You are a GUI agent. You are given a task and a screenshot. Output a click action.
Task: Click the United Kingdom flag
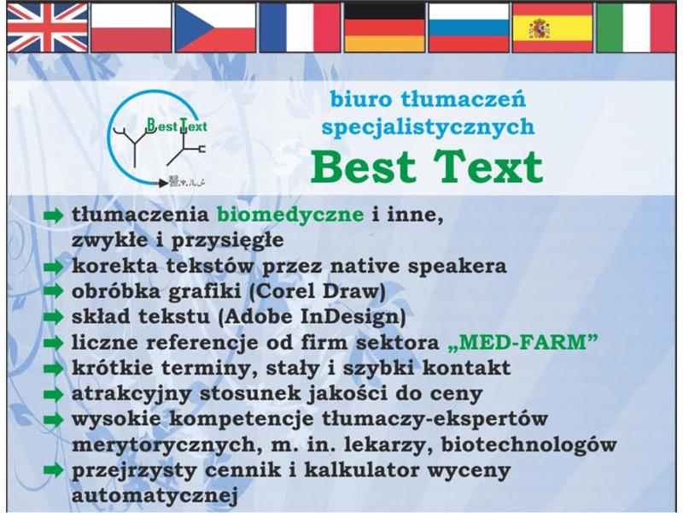[x=47, y=27]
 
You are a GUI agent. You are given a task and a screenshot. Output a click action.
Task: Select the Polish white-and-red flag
[x=131, y=27]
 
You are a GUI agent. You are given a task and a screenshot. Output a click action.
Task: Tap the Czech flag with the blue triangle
[x=215, y=27]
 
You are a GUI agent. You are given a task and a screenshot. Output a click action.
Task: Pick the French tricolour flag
[x=300, y=27]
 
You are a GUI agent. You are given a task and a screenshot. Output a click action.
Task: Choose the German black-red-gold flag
[x=384, y=27]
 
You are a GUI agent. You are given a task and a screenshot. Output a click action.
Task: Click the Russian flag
[x=469, y=27]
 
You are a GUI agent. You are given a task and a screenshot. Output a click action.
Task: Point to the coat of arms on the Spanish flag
[x=540, y=28]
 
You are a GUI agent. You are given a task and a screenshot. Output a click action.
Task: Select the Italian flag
[x=636, y=27]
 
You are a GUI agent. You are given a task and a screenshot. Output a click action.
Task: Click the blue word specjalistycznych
[x=428, y=127]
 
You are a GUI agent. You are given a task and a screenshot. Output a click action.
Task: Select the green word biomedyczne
[x=290, y=215]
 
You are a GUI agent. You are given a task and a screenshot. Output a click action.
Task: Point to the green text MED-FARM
[x=522, y=343]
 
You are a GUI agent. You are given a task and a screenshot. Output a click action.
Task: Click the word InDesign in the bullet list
[x=353, y=316]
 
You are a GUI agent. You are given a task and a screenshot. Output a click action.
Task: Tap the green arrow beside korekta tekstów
[x=54, y=267]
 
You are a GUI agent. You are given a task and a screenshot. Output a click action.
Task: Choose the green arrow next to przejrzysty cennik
[x=54, y=470]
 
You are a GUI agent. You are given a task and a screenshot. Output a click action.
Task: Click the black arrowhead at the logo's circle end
[x=162, y=183]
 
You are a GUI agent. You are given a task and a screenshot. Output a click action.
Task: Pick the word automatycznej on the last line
[x=155, y=496]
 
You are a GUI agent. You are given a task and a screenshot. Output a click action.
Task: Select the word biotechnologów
[x=528, y=445]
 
